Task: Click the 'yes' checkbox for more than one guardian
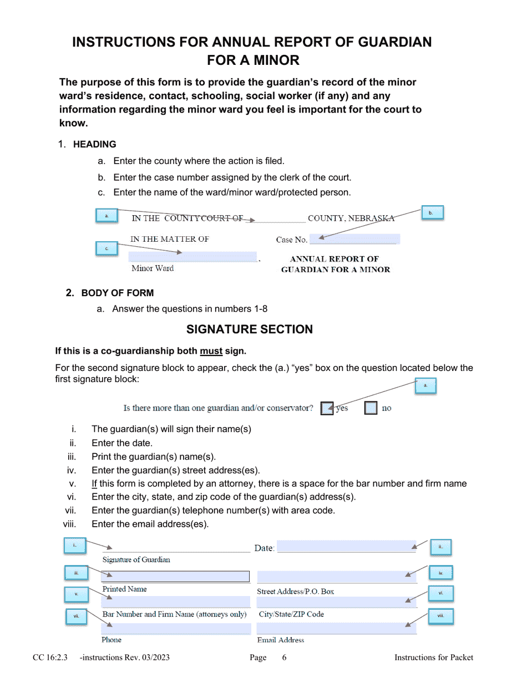click(x=327, y=408)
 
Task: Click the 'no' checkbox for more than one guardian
click(x=371, y=408)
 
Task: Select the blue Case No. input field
click(x=354, y=240)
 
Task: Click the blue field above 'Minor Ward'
click(x=192, y=257)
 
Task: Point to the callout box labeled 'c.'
click(x=107, y=249)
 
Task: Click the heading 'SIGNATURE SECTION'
click(x=249, y=329)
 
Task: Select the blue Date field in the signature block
click(x=346, y=547)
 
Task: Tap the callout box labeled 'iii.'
click(x=76, y=573)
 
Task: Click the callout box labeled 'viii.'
click(x=440, y=616)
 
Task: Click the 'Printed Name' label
click(x=125, y=589)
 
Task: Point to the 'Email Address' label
click(x=281, y=640)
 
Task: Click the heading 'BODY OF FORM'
click(x=118, y=293)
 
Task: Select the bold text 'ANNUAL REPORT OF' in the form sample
click(x=335, y=259)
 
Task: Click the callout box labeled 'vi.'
click(x=440, y=593)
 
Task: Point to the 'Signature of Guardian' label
click(x=136, y=559)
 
